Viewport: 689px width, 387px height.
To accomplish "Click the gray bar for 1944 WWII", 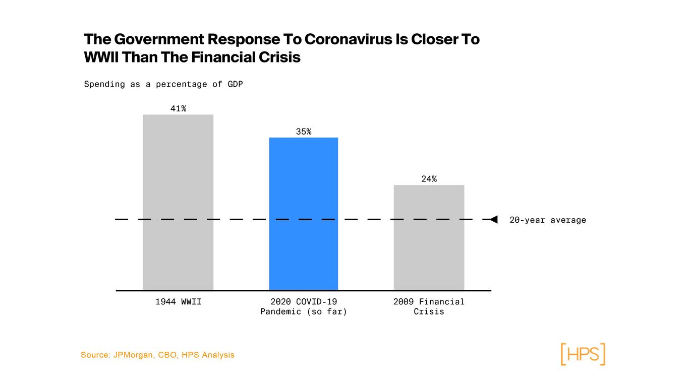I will (178, 202).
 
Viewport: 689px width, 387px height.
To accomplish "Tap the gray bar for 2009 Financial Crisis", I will (429, 237).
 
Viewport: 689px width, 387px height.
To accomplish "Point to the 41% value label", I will (178, 108).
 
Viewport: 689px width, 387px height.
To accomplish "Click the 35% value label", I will (303, 132).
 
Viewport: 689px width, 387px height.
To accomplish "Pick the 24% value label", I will (429, 179).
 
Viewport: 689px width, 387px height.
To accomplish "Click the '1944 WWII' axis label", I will (178, 302).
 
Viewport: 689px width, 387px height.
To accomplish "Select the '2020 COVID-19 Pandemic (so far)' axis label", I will (304, 306).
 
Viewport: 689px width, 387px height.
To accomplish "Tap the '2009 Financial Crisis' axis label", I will (429, 306).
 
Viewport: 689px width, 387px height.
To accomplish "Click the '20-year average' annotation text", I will (547, 220).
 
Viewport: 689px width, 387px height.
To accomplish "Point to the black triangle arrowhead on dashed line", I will (494, 219).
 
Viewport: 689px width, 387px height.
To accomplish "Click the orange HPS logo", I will (583, 354).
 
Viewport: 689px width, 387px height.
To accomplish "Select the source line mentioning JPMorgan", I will (157, 355).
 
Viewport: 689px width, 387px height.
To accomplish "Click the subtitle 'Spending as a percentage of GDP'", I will (163, 84).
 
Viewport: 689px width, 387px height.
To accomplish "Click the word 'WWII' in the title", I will (101, 57).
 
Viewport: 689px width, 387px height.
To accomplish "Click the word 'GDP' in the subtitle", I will (235, 84).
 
